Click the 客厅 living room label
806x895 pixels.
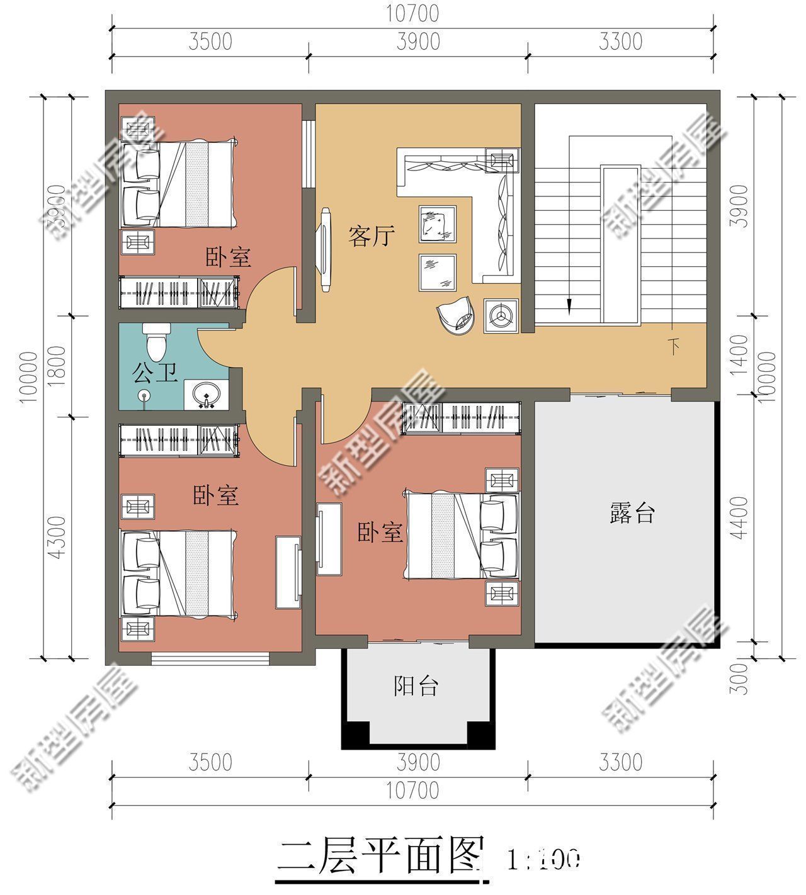(372, 237)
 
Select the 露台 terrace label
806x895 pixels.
(632, 513)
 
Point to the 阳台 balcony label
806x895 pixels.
(416, 685)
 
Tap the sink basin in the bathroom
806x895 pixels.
(206, 395)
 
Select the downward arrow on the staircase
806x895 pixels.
(569, 305)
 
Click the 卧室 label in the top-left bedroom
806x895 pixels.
(228, 257)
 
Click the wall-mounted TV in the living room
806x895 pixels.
(326, 250)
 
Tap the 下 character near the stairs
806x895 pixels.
(674, 347)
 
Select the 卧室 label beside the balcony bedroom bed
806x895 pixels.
(380, 532)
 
